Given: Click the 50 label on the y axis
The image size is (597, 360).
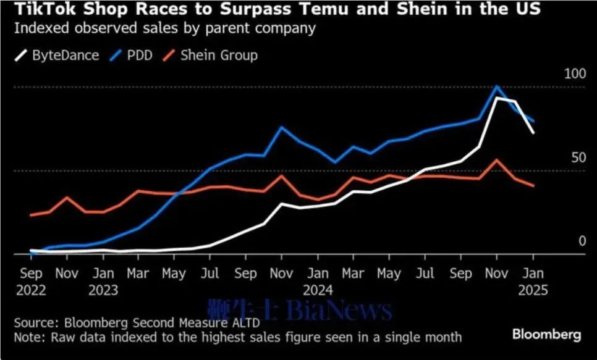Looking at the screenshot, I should tap(578, 157).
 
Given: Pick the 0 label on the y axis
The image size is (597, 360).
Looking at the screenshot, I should tap(582, 241).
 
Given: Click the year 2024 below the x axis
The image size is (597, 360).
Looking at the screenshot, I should tap(318, 289).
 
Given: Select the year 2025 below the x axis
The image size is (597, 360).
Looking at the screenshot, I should tap(533, 289).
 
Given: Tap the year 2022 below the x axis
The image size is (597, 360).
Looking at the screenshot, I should tap(32, 289).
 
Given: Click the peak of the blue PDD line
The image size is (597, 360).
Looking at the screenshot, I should tap(496, 87).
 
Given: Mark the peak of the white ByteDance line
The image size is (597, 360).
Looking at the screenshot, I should tap(496, 98).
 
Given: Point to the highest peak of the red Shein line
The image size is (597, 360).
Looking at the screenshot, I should tap(496, 160).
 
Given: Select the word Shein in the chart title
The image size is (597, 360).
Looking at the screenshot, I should tap(437, 9).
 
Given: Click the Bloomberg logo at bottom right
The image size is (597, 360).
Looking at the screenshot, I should tap(546, 334).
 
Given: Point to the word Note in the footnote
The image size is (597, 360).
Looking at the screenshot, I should tap(27, 337).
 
